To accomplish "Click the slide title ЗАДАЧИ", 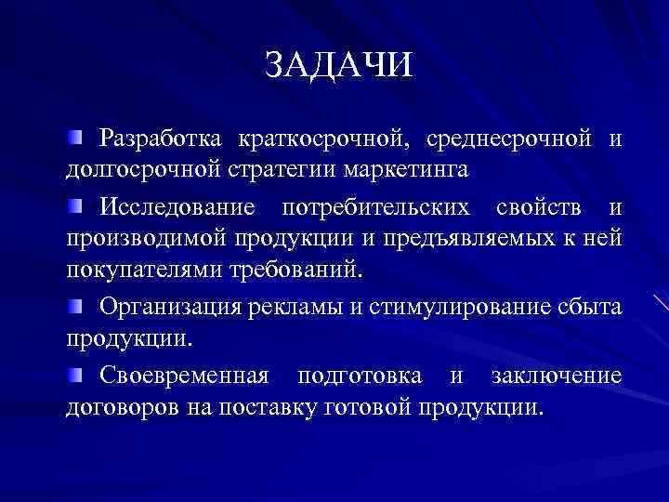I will [x=337, y=66].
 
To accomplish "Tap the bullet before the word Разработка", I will [x=74, y=139].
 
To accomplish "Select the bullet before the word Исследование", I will [x=74, y=205].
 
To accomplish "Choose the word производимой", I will [x=142, y=238].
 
